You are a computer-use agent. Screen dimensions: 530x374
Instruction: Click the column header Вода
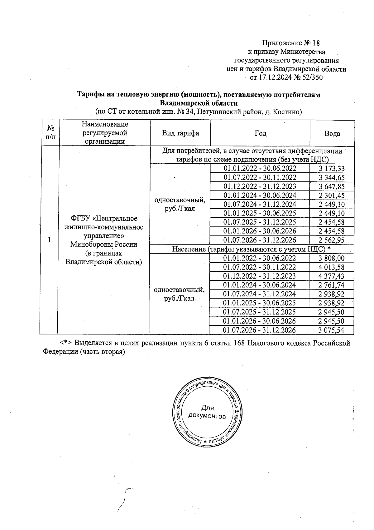click(x=332, y=134)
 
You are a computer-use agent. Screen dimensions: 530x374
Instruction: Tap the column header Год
click(x=260, y=133)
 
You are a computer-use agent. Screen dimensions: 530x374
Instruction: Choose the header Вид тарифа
click(x=180, y=133)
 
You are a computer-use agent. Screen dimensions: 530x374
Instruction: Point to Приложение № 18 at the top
click(x=291, y=43)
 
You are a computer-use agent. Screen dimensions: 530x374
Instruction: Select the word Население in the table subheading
click(x=189, y=249)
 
